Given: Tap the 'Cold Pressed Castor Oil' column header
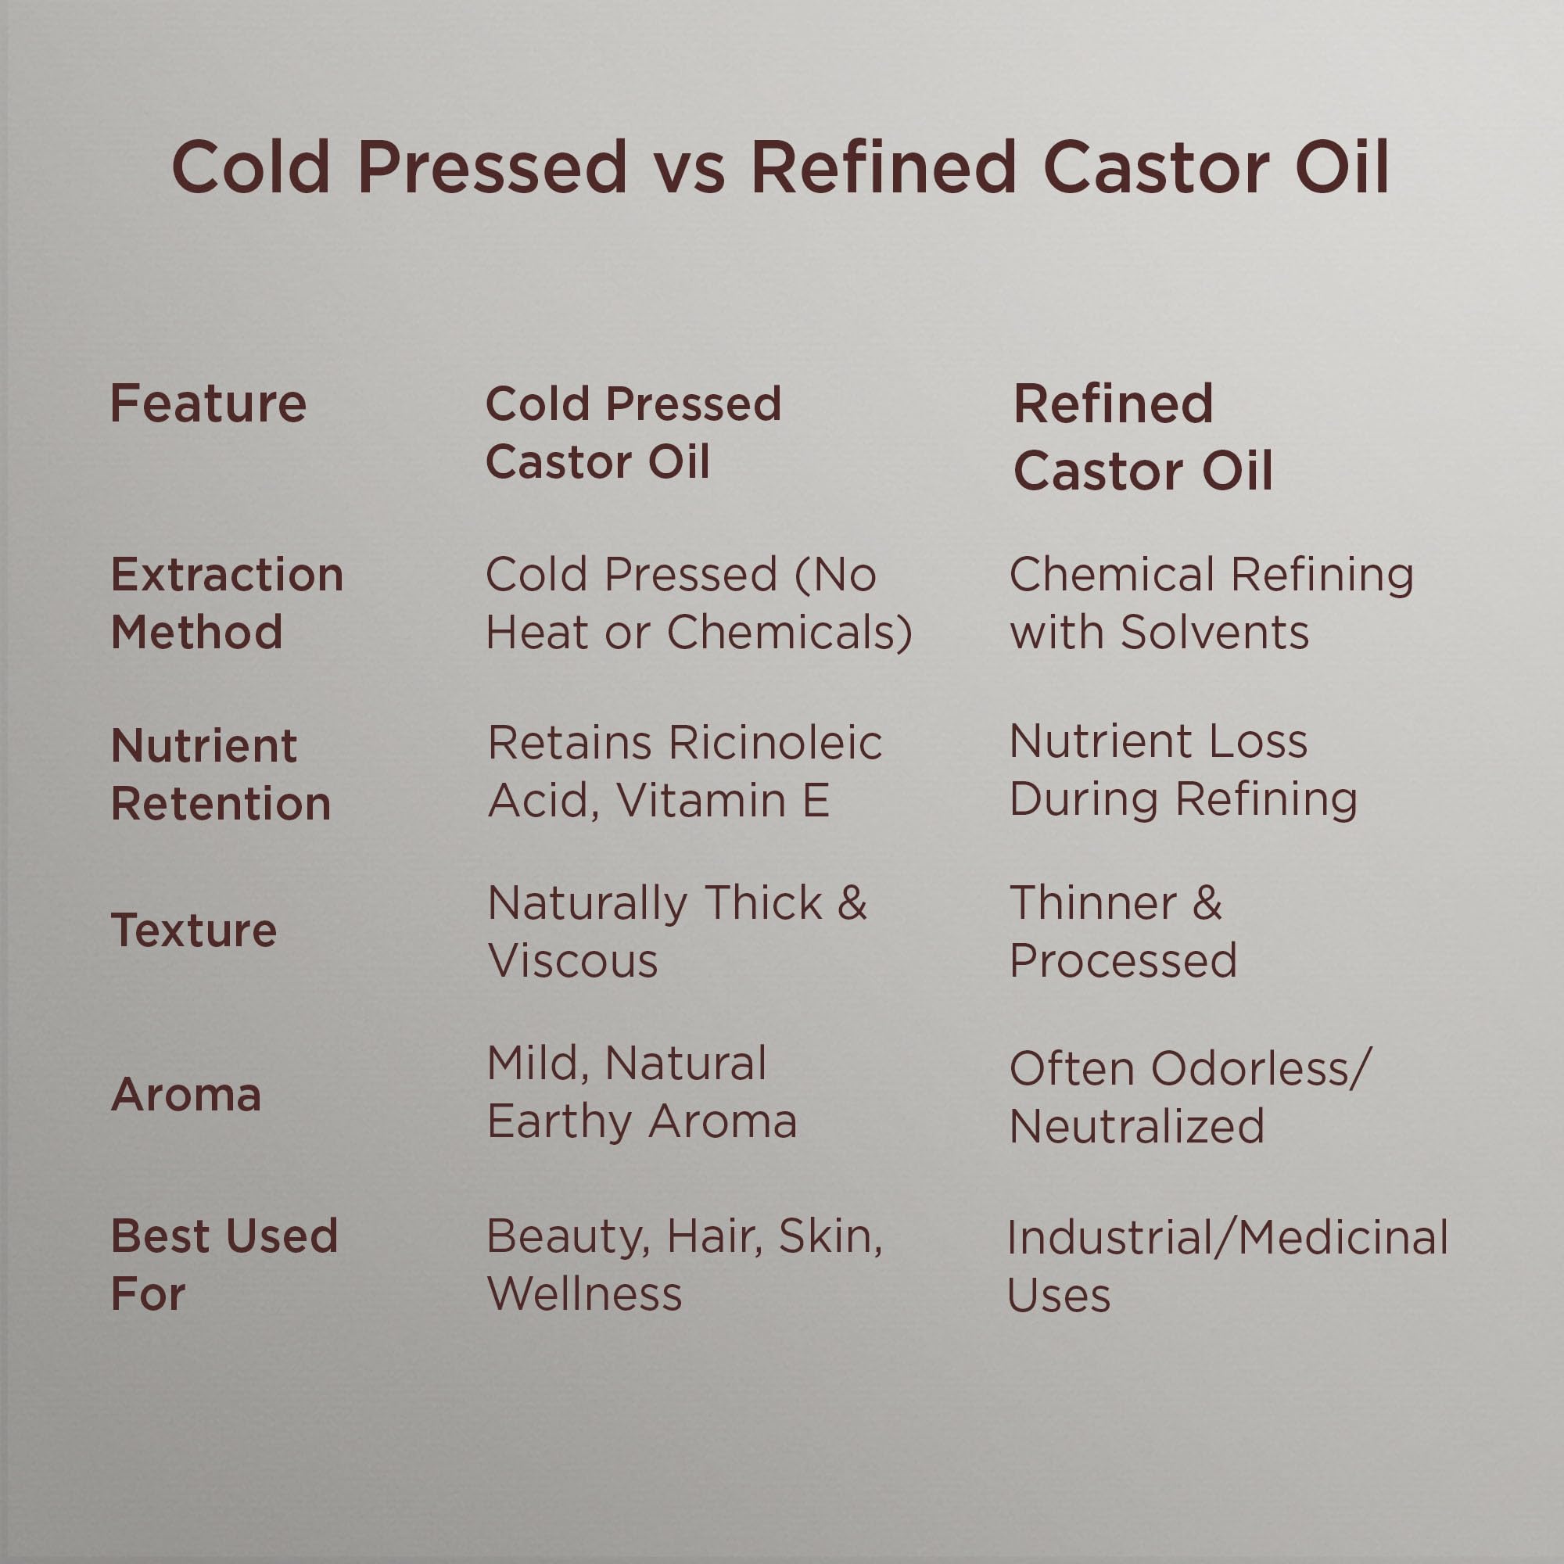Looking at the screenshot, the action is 633,432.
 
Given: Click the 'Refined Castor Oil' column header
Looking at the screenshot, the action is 1143,437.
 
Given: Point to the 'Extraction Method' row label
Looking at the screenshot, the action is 228,603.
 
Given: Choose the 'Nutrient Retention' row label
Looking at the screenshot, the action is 221,774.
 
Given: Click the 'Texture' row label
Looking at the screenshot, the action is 193,929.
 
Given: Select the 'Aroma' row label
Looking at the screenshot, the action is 186,1095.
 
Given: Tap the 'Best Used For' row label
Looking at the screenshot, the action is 224,1264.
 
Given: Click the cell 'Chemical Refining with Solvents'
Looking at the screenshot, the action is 1212,603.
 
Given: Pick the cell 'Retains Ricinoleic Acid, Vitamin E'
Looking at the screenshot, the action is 685,772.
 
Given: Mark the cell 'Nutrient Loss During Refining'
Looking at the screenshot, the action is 1182,771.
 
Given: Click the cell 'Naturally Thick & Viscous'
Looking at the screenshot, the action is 676,932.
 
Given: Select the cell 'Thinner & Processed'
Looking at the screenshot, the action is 1123,932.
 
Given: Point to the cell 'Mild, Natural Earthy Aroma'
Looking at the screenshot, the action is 642,1093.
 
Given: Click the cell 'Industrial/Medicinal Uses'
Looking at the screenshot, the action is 1227,1266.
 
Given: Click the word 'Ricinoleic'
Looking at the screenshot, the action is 776,742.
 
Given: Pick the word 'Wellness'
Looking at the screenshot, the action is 584,1293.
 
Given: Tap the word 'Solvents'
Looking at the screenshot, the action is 1214,632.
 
